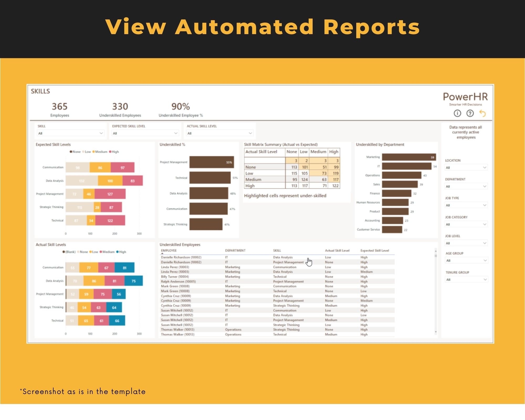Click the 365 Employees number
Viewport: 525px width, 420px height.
[60, 107]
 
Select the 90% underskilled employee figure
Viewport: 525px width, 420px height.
[181, 107]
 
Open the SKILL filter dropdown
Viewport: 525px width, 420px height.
[71, 133]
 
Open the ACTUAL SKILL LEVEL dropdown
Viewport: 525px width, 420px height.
[220, 133]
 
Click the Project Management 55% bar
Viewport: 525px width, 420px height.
[211, 162]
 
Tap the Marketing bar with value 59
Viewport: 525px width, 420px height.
[408, 157]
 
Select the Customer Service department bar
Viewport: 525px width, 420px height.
[392, 230]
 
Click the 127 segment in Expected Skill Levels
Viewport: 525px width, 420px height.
[110, 194]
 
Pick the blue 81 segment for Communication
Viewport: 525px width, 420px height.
[124, 268]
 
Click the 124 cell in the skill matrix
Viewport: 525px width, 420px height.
[304, 180]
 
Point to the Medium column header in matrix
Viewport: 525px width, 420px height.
[318, 152]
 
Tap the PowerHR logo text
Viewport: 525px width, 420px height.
[465, 97]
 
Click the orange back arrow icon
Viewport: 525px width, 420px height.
[482, 113]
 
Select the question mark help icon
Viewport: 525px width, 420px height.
[470, 113]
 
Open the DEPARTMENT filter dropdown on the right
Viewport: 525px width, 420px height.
[466, 186]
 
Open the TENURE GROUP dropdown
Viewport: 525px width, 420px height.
[466, 280]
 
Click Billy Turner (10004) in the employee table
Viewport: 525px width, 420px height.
[175, 277]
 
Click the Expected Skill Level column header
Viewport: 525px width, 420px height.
[375, 251]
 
